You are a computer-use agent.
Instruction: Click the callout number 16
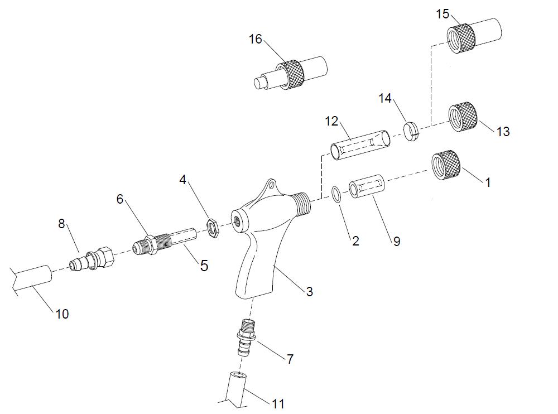[255, 39]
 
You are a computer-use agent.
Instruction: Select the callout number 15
[442, 14]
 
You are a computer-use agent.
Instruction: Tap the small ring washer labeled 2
[337, 194]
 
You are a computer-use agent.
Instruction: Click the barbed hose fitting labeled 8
[92, 259]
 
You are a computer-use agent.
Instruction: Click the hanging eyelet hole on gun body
[271, 184]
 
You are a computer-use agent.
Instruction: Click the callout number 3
[309, 291]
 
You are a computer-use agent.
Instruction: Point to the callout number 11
[278, 403]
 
